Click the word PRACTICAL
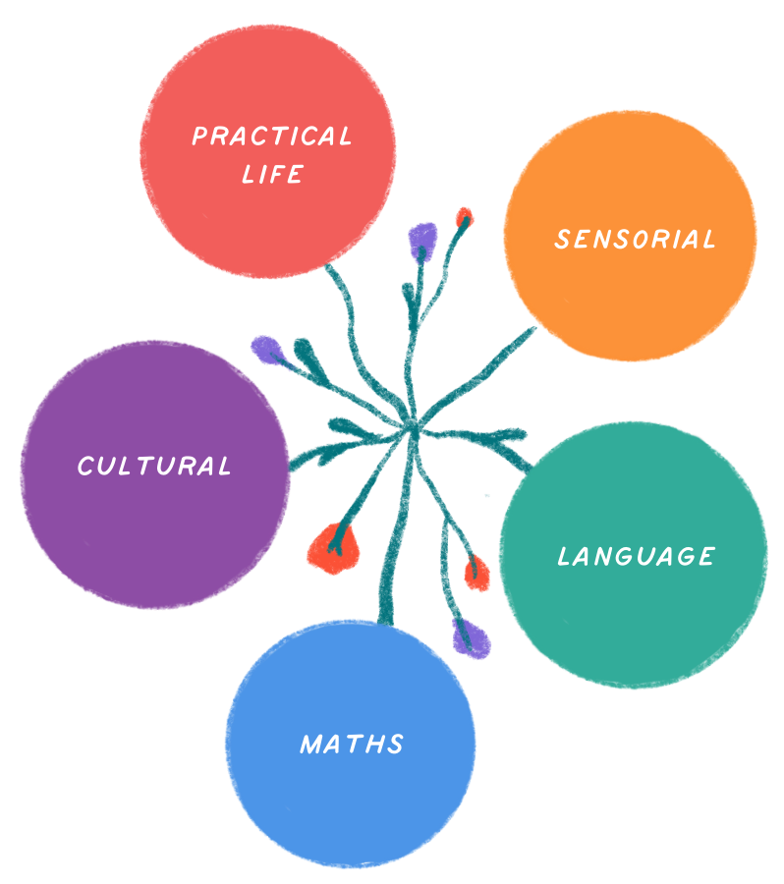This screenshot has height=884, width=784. pos(271,137)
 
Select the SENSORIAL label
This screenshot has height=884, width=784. pos(635,239)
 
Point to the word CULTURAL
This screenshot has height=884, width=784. pos(154,466)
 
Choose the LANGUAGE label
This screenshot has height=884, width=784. pos(636,557)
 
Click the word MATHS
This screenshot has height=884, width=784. pos(352,744)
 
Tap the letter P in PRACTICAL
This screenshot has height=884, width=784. pos(199,137)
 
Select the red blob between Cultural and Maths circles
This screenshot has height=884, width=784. pos(334,546)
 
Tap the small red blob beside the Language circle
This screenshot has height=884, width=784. pos(476,573)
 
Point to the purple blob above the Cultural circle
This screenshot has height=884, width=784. pos(263,347)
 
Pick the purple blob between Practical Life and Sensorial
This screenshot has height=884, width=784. pos(421,236)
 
